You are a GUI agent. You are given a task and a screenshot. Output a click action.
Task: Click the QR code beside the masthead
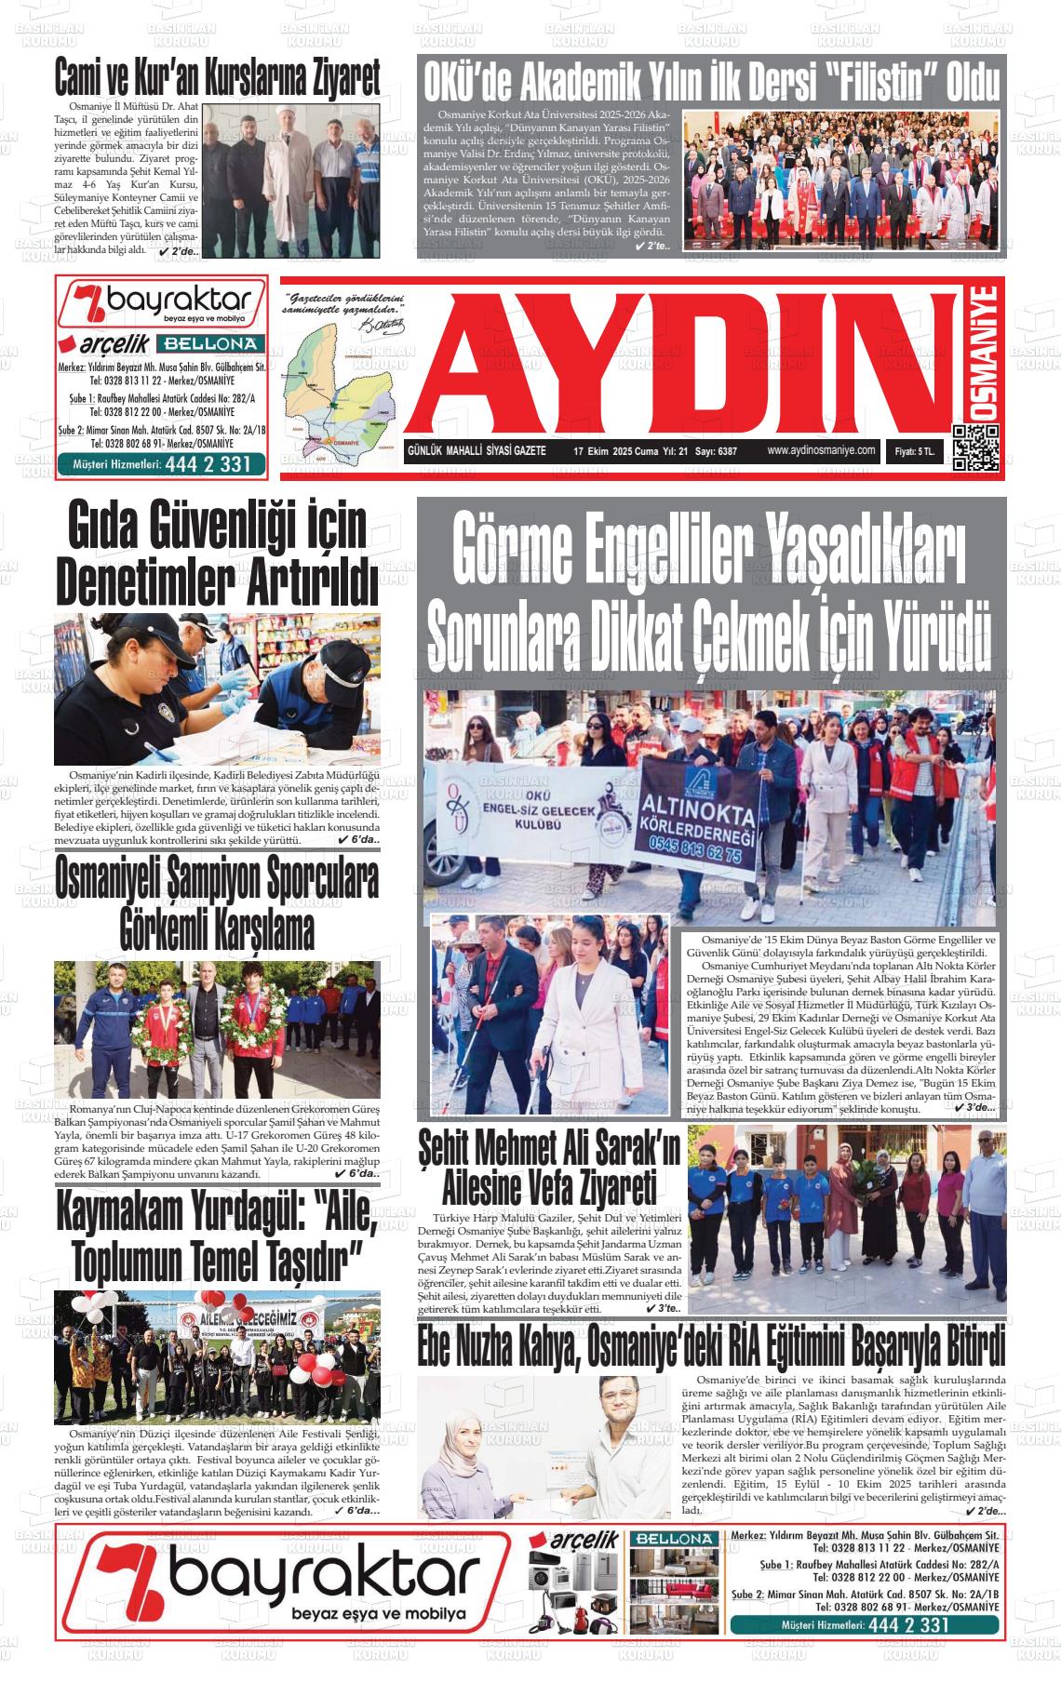coord(975,447)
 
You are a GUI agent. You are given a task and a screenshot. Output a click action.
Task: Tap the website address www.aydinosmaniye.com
coord(822,450)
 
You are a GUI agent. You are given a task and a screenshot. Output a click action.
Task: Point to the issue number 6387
coord(722,451)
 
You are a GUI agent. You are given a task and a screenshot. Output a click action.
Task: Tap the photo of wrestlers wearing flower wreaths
coord(217,1028)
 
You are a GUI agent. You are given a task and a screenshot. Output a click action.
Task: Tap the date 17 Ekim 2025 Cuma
coord(615,451)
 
